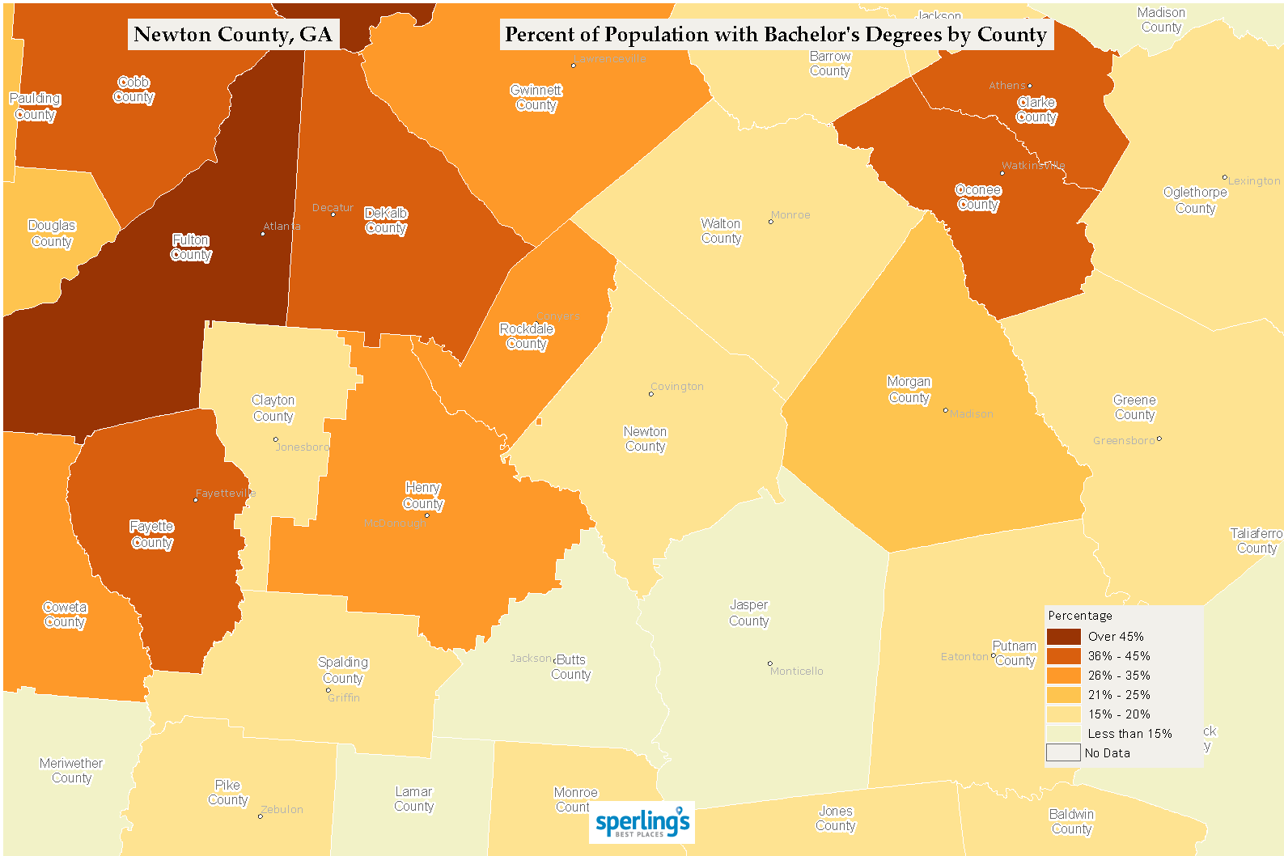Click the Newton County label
645,439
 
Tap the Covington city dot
650,394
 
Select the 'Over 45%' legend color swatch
1063,637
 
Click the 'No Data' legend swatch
1063,752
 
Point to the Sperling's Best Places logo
642,823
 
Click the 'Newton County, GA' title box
233,34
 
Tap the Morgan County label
909,389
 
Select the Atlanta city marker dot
262,234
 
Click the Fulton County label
191,247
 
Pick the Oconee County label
977,197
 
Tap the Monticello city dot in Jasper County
769,663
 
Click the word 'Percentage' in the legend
1079,616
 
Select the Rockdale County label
526,336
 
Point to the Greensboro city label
1124,440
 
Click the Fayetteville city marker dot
195,500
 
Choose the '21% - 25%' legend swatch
1063,695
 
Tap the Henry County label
422,495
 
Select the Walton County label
720,231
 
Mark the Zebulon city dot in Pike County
260,816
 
